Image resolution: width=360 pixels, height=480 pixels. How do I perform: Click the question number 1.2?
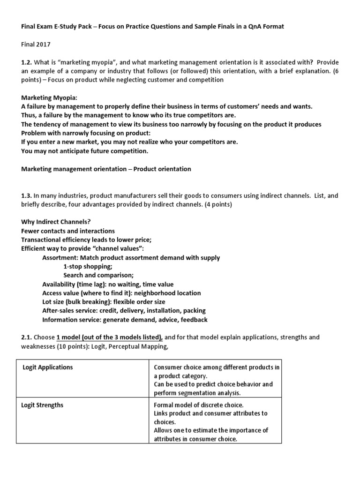pyautogui.click(x=27, y=62)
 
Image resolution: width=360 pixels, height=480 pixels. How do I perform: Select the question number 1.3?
pyautogui.click(x=27, y=195)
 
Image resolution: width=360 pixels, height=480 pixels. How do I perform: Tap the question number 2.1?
pyautogui.click(x=27, y=337)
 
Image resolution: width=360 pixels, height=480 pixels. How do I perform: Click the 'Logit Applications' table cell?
pyautogui.click(x=48, y=367)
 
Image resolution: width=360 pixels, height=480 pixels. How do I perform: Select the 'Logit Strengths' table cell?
pyautogui.click(x=43, y=405)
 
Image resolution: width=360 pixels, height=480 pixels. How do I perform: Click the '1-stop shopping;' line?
pyautogui.click(x=88, y=266)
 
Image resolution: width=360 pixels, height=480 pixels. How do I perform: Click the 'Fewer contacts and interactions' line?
pyautogui.click(x=68, y=231)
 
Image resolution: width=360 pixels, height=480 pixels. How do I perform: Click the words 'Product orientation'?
pyautogui.click(x=162, y=169)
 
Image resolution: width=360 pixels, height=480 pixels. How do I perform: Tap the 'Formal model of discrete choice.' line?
pyautogui.click(x=199, y=405)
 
